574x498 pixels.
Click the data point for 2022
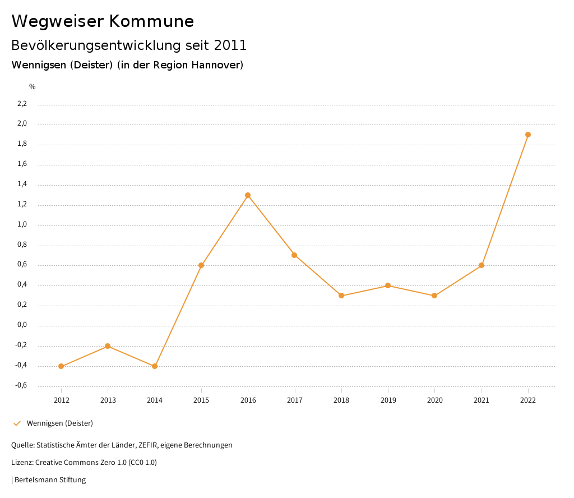pyautogui.click(x=528, y=135)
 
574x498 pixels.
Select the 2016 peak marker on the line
pyautogui.click(x=248, y=195)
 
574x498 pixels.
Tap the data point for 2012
pyautogui.click(x=61, y=366)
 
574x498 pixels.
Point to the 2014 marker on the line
pyautogui.click(x=155, y=366)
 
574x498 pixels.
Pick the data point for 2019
pyautogui.click(x=388, y=285)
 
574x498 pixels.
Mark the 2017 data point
pyautogui.click(x=294, y=255)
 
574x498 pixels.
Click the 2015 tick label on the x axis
pyautogui.click(x=201, y=400)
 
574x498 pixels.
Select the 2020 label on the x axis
pyautogui.click(x=435, y=400)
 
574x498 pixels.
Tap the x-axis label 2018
pyautogui.click(x=341, y=400)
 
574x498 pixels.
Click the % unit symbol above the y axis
pyautogui.click(x=33, y=87)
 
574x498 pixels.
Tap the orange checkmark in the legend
pyautogui.click(x=17, y=423)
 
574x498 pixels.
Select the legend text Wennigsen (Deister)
pyautogui.click(x=60, y=423)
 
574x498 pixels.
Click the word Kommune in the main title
pyautogui.click(x=151, y=21)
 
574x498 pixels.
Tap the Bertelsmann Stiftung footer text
pyautogui.click(x=50, y=480)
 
